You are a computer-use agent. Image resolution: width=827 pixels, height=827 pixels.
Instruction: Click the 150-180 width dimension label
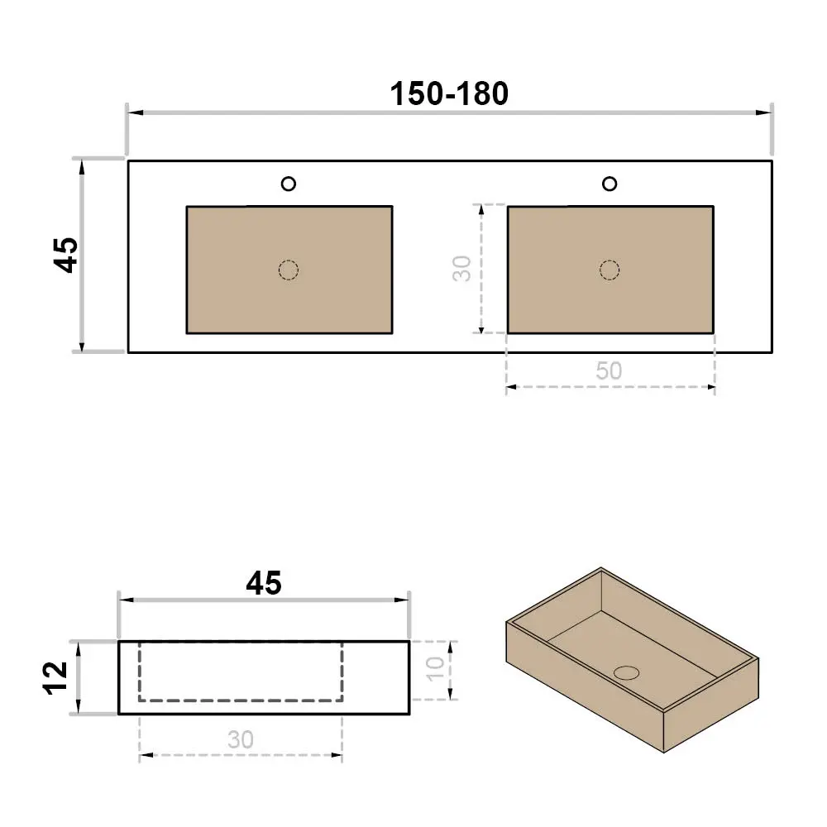449,94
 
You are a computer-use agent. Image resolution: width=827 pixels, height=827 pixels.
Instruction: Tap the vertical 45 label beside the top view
66,256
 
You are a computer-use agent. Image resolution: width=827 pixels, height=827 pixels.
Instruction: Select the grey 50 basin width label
609,370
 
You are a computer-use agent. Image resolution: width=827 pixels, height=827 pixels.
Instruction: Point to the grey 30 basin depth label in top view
461,269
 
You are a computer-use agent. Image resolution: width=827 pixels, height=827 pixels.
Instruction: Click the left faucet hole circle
289,184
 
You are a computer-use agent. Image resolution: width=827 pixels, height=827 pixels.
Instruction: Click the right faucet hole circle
609,184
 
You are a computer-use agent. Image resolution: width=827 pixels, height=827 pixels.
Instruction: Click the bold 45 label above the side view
264,583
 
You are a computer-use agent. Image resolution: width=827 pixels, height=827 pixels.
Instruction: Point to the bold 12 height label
55,678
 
